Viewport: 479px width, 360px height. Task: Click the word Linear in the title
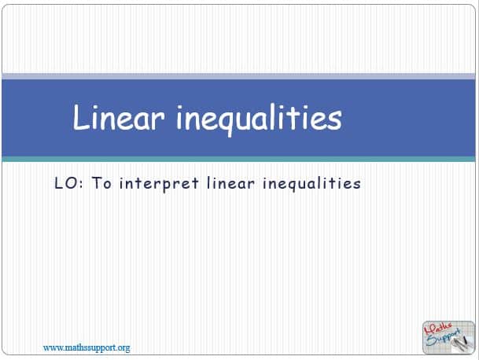point(119,117)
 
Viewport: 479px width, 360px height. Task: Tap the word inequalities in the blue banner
point(260,119)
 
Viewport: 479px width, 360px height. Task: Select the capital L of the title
point(80,117)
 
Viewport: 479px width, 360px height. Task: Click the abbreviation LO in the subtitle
point(65,183)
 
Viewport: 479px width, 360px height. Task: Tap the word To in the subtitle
point(101,183)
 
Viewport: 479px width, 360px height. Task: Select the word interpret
point(159,184)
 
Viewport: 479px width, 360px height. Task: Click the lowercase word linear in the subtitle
point(230,183)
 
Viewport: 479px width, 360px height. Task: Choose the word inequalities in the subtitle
point(311,184)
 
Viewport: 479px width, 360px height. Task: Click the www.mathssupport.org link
point(87,348)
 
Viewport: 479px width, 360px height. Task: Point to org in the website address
point(123,349)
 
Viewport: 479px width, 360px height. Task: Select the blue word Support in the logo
point(444,338)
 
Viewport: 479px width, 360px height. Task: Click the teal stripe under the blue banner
point(238,159)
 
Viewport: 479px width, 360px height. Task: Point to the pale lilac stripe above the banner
point(238,76)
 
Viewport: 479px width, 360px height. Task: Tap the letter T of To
point(97,182)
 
